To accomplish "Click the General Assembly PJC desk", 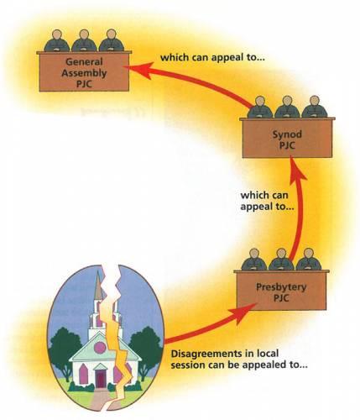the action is pos(84,71).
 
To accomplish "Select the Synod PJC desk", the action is pos(287,138).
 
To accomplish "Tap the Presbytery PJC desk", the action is pos(281,290).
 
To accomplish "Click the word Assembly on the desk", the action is pos(84,73).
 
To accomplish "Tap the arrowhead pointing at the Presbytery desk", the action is pos(243,312).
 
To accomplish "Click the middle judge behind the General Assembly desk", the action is pos(84,40).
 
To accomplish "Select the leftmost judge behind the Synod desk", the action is pos(260,107).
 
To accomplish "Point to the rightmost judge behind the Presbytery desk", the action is pos(308,259).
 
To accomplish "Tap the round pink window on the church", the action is pos(100,348).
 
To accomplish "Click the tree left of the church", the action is pos(65,351).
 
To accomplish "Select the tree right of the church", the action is pos(145,351).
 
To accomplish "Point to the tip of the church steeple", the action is pos(98,271).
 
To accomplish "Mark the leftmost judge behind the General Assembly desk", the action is pos(57,40).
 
